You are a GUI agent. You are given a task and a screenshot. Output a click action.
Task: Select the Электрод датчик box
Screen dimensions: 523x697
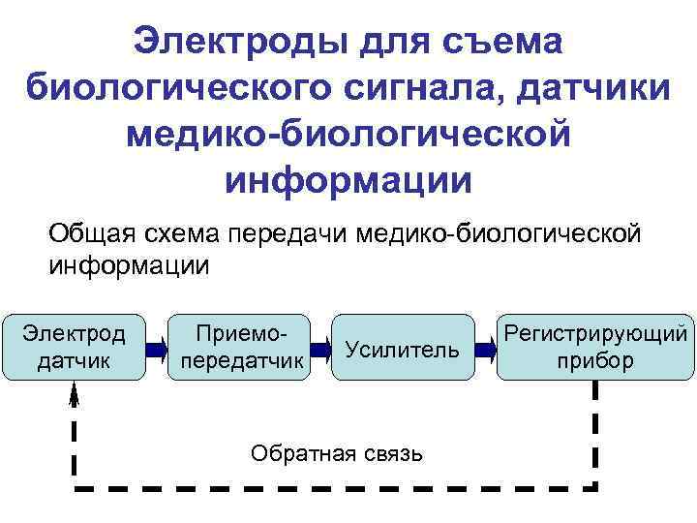click(x=74, y=347)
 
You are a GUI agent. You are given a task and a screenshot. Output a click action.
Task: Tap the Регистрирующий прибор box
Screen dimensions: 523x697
click(x=595, y=347)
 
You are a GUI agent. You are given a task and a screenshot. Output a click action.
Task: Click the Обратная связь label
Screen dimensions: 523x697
click(x=336, y=452)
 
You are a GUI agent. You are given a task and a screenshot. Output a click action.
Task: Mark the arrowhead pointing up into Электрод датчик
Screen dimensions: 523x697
click(x=75, y=391)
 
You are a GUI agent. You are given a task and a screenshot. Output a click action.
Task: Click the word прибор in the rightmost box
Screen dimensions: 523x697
click(x=595, y=361)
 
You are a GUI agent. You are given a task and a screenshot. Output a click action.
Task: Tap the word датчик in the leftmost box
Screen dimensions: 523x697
click(x=74, y=361)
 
